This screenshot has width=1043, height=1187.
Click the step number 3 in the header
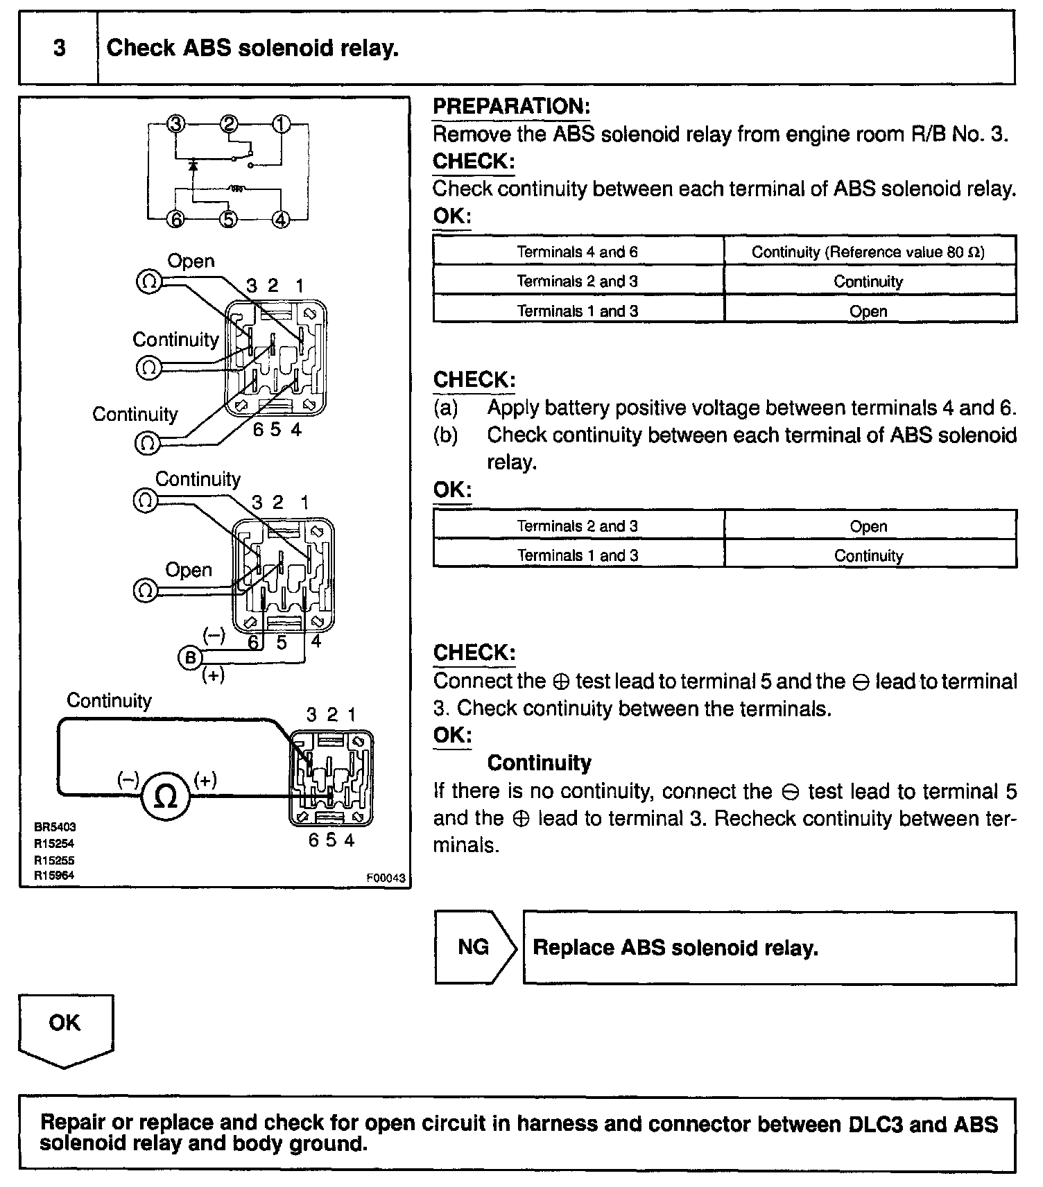click(x=60, y=48)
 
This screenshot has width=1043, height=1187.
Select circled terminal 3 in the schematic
click(x=176, y=125)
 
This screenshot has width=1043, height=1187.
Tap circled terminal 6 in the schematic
click(x=176, y=220)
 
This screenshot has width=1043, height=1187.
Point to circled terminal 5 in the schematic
click(x=228, y=220)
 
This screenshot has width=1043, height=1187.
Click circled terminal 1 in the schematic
click(x=281, y=125)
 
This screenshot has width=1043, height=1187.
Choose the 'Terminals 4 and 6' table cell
click(x=578, y=252)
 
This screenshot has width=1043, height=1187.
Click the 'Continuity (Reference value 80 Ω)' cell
click(x=868, y=252)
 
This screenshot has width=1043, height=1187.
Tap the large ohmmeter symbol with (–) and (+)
click(x=165, y=796)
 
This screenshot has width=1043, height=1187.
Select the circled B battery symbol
click(x=191, y=657)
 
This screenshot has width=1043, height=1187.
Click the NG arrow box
click(x=475, y=947)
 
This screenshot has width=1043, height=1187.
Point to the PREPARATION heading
click(x=511, y=107)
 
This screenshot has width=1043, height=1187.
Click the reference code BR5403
click(x=55, y=827)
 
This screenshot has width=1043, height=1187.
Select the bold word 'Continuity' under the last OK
click(x=539, y=763)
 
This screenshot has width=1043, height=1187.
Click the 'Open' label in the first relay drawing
click(x=191, y=261)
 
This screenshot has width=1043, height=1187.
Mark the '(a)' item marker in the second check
click(x=446, y=408)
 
